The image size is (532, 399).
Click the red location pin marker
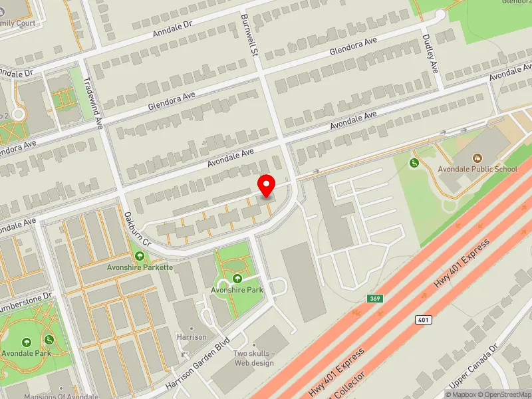coord(267,186)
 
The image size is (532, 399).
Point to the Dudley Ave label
coord(430,54)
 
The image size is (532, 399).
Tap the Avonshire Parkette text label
coord(140,267)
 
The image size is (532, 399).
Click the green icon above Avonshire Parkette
coord(140,256)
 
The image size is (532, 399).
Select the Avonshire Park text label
coord(237,290)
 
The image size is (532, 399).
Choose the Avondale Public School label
coord(477,169)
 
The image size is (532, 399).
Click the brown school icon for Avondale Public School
coord(477,158)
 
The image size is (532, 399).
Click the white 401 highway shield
coord(423,320)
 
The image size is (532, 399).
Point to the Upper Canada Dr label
coord(473,366)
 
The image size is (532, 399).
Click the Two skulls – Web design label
coord(253,358)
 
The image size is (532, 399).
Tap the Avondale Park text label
coord(27,353)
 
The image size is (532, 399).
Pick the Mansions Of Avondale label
coord(61,396)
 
